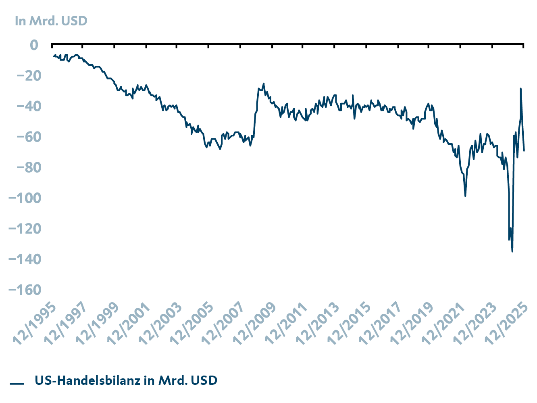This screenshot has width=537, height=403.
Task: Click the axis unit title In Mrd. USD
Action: pos(51,21)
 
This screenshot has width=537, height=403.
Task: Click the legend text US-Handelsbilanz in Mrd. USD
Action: pos(126,380)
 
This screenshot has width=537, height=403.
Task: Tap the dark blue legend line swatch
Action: pos(17,383)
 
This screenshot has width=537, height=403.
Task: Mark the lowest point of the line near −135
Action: pos(512,251)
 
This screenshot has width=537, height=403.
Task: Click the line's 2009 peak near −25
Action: pos(264,84)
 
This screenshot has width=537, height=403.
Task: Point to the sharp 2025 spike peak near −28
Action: pos(520,88)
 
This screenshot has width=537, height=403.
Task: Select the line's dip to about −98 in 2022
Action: pos(465,196)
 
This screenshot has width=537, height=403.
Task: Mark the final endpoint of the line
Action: pos(524,150)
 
